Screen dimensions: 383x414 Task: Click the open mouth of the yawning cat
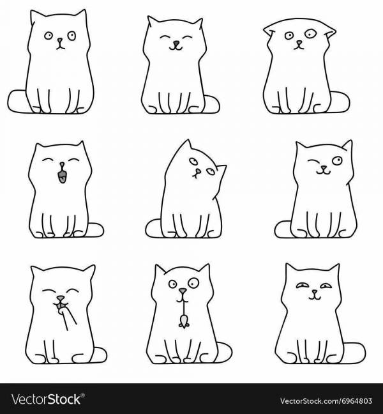click(63, 176)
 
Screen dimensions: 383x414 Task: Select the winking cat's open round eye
click(337, 160)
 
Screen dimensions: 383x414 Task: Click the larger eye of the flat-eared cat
click(310, 33)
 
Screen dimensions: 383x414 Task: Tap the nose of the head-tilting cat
click(197, 172)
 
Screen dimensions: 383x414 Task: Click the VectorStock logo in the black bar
click(47, 399)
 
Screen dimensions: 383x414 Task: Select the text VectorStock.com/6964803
click(326, 401)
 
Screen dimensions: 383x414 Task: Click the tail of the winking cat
click(283, 229)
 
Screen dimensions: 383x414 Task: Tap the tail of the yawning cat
click(96, 229)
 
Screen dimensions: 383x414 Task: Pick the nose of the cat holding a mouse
click(183, 291)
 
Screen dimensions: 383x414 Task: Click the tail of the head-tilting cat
click(153, 228)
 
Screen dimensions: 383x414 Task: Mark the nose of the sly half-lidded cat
click(315, 292)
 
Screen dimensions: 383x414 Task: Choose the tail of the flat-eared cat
click(340, 102)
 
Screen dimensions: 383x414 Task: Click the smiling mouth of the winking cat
click(324, 172)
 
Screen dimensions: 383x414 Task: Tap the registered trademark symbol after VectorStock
click(82, 395)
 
